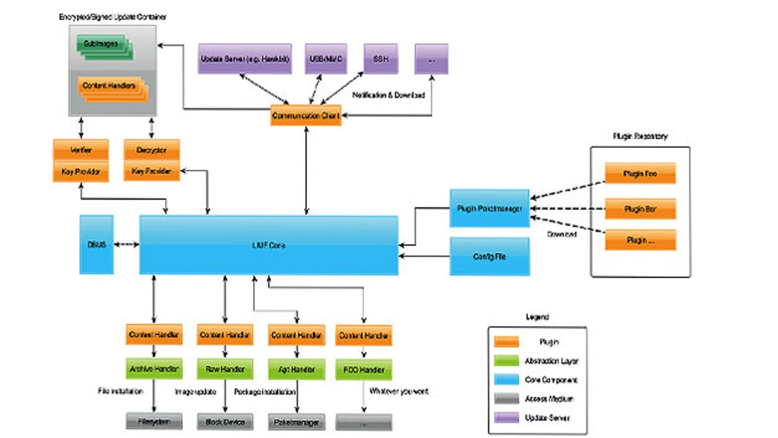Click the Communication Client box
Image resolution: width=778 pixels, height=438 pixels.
pos(306,115)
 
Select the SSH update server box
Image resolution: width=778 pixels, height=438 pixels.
pos(380,59)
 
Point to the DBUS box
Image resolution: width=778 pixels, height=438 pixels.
pos(96,244)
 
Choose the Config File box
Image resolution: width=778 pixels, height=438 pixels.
pos(489,256)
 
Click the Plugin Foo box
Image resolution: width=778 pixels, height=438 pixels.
pos(640,174)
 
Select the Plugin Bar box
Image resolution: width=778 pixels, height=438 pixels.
pos(640,209)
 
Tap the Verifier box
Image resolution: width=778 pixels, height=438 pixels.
pos(81,150)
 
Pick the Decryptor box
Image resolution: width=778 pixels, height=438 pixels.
pos(151,150)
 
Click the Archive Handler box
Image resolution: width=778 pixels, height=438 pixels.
pos(154,369)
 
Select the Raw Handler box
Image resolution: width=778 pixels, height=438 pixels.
pos(225,369)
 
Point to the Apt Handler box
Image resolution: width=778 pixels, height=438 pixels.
pos(296,369)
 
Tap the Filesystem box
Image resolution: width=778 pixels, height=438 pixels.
pos(154,421)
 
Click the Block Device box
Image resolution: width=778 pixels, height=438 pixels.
pos(225,421)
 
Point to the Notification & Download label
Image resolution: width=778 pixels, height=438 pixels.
pos(388,95)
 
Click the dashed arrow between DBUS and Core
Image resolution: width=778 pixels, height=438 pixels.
pos(126,244)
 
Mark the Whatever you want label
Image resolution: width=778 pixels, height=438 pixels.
pos(399,392)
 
